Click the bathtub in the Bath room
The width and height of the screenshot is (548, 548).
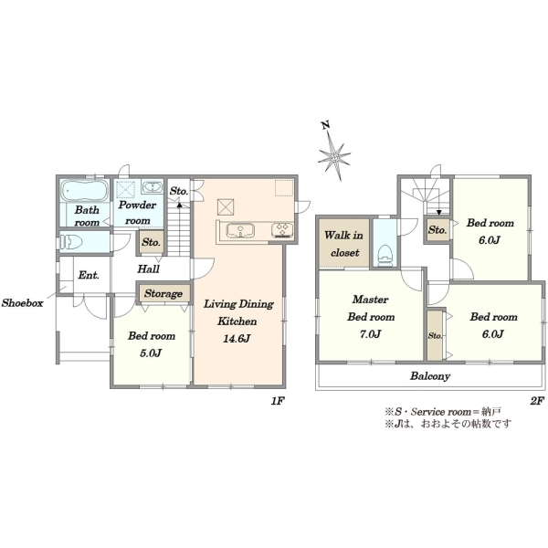click(85, 191)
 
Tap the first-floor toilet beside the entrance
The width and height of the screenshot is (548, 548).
click(71, 241)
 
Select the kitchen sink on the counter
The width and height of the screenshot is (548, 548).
click(240, 231)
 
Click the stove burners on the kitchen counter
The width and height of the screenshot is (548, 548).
click(282, 230)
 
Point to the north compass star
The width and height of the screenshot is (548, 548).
click(333, 154)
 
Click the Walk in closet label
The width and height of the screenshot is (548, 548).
click(344, 244)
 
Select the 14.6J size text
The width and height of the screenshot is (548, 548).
click(237, 338)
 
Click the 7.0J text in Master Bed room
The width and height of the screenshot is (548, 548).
click(371, 334)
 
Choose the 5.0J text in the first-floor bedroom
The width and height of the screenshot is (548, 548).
click(151, 353)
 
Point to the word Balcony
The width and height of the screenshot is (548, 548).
click(430, 376)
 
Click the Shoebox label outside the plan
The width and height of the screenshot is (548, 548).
click(22, 302)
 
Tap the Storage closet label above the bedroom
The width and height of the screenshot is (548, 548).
click(163, 293)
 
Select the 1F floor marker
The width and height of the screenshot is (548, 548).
click(277, 401)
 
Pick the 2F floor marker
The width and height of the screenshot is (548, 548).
click(537, 401)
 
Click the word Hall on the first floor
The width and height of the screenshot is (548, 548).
click(148, 269)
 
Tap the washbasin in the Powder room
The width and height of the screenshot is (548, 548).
click(152, 187)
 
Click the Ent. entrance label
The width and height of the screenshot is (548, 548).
click(89, 275)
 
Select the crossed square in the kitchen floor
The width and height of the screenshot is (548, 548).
click(226, 207)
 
